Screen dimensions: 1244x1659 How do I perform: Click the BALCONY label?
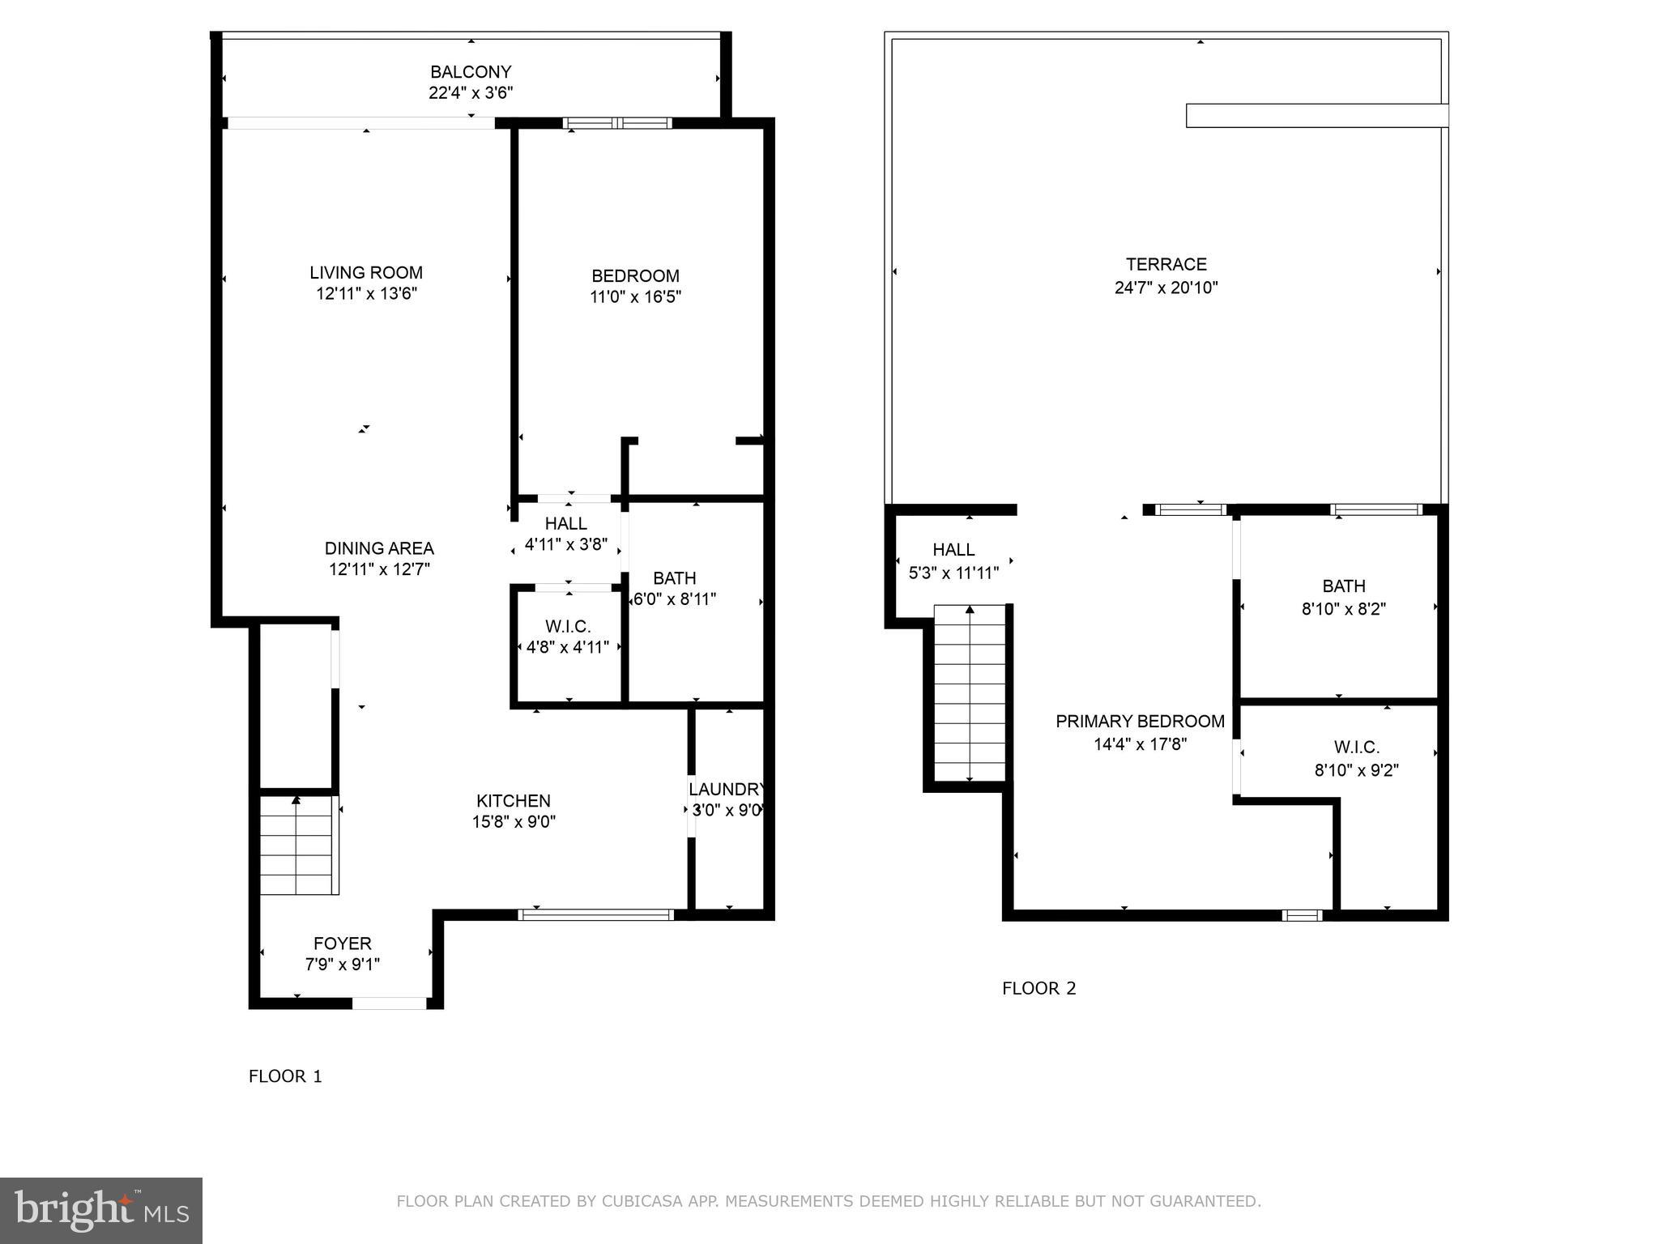pyautogui.click(x=471, y=71)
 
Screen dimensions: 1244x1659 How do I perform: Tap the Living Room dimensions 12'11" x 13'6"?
pyautogui.click(x=366, y=294)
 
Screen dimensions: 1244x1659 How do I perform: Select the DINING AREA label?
pyautogui.click(x=379, y=548)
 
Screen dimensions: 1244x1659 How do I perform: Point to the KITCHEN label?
pyautogui.click(x=514, y=801)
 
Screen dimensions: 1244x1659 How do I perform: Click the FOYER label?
pyautogui.click(x=343, y=944)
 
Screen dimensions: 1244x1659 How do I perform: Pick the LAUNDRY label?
pyautogui.click(x=727, y=789)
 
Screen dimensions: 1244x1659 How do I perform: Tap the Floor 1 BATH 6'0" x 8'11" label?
pyautogui.click(x=674, y=589)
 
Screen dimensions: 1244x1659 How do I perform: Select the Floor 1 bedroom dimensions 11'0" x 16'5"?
pyautogui.click(x=635, y=297)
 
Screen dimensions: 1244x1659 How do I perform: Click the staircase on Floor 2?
pyautogui.click(x=970, y=693)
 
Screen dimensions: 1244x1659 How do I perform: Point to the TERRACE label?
pyautogui.click(x=1166, y=264)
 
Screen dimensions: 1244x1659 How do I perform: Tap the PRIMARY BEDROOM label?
pyautogui.click(x=1140, y=722)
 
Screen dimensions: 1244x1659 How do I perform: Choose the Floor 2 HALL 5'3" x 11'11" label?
pyautogui.click(x=953, y=561)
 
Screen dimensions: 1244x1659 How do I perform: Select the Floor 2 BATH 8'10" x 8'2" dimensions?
pyautogui.click(x=1344, y=609)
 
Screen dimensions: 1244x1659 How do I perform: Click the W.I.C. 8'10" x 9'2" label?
pyautogui.click(x=1357, y=758)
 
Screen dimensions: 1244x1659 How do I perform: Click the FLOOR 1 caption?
pyautogui.click(x=285, y=1076)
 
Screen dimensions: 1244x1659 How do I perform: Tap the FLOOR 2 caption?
pyautogui.click(x=1038, y=988)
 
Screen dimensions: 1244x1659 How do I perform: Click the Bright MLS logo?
pyautogui.click(x=101, y=1210)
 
